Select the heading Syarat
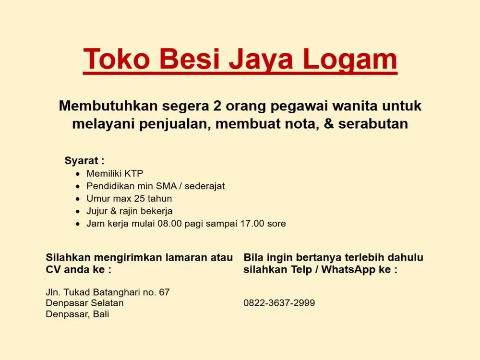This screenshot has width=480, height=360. [x=82, y=160]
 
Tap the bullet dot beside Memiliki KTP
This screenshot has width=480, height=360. [x=78, y=174]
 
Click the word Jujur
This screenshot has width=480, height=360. [x=97, y=211]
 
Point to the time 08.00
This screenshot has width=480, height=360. [x=170, y=223]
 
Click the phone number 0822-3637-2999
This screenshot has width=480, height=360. [x=279, y=303]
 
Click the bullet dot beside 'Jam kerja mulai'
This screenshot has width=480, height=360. [x=78, y=224]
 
